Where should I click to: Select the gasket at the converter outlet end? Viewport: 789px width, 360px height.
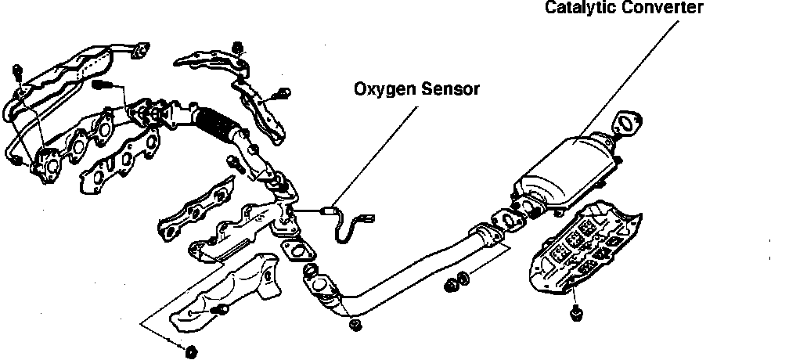[x=627, y=123]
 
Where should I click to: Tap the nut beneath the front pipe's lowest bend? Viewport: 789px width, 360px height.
[x=354, y=323]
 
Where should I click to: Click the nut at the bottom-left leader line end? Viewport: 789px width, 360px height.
[x=189, y=350]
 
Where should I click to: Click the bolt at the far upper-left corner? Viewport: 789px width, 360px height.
[x=17, y=74]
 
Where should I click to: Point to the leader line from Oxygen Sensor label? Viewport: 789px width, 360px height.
[x=376, y=153]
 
